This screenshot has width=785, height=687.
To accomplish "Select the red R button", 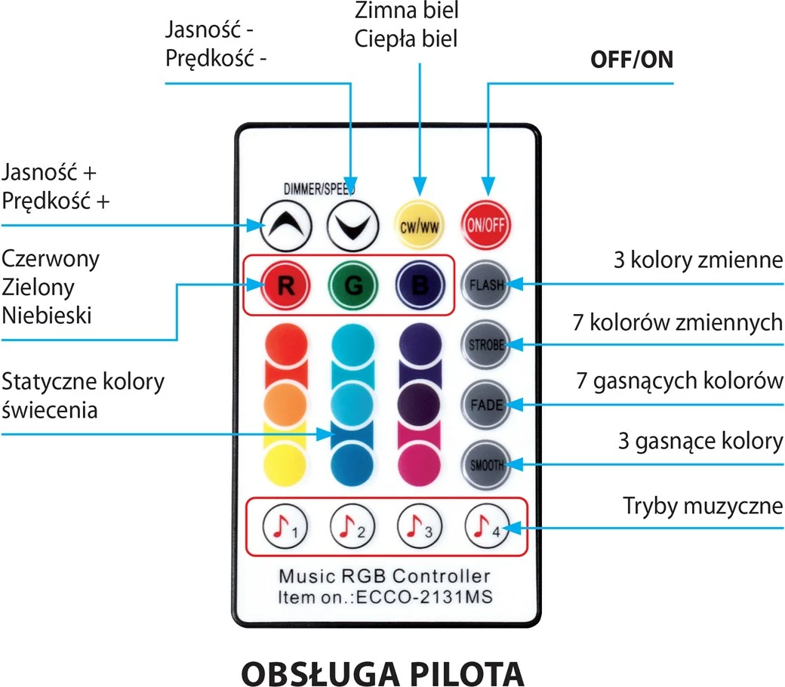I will pyautogui.click(x=285, y=285).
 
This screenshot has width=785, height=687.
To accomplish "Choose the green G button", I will pyautogui.click(x=352, y=285).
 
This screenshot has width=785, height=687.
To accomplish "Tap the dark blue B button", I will pyautogui.click(x=418, y=285).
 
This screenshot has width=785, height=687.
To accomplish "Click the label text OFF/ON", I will pyautogui.click(x=631, y=61).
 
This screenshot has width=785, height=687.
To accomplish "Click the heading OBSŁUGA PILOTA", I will pyautogui.click(x=382, y=670).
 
